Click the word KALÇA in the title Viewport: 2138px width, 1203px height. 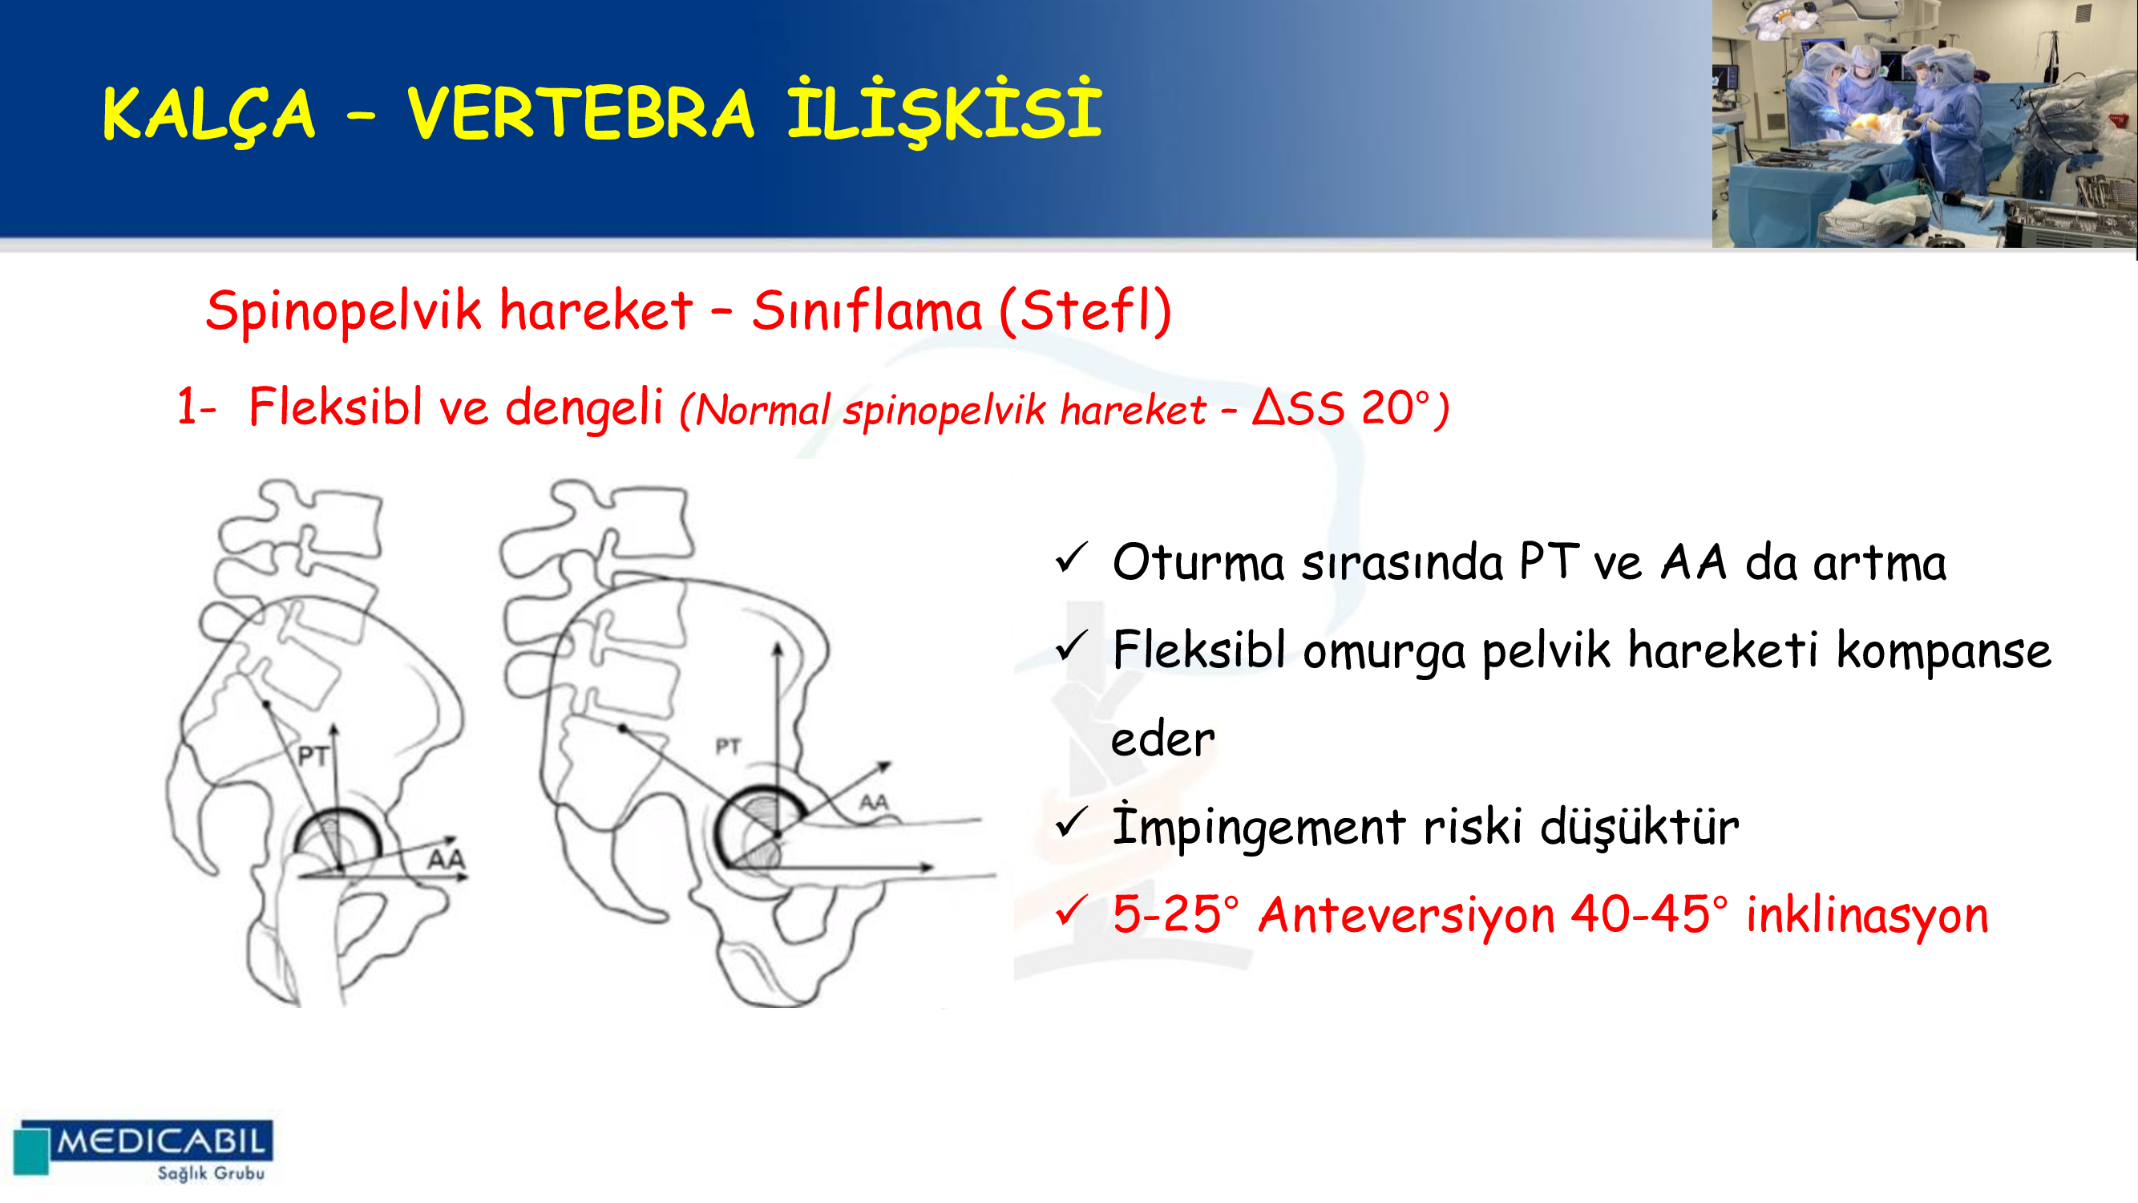[x=208, y=114]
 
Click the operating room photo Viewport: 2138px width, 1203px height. [x=1924, y=124]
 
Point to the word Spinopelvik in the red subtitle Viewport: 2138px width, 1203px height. [x=343, y=312]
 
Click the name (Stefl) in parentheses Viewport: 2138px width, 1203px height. [x=1085, y=310]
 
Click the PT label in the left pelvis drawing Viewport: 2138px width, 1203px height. [x=313, y=756]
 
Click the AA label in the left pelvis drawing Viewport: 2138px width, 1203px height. [x=447, y=858]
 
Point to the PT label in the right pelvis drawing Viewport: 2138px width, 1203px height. [x=728, y=747]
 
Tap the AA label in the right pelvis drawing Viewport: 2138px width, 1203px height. [x=874, y=802]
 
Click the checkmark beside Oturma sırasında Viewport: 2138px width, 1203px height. [x=1072, y=558]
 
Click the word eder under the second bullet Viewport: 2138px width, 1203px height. [x=1162, y=738]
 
